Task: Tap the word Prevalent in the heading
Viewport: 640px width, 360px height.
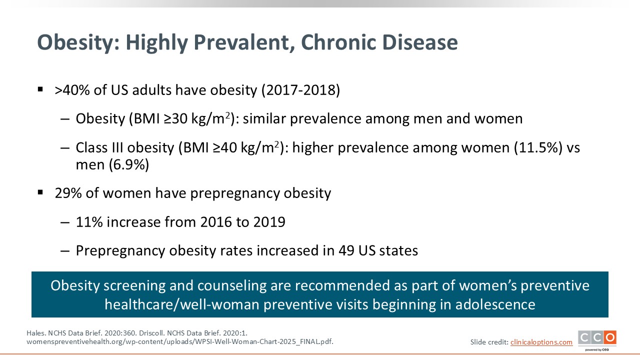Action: click(x=242, y=42)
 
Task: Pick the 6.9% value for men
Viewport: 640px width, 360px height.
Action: click(x=129, y=164)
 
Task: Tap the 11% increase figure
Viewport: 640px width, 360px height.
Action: click(x=89, y=222)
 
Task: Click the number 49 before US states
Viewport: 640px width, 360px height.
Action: click(x=346, y=250)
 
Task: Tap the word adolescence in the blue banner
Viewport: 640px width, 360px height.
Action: click(x=495, y=304)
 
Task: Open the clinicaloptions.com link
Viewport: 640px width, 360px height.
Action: click(x=541, y=342)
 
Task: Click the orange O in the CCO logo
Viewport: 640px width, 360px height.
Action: click(x=610, y=337)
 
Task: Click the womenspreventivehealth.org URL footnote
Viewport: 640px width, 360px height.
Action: click(x=180, y=341)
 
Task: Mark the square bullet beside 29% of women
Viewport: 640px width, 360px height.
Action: click(x=40, y=192)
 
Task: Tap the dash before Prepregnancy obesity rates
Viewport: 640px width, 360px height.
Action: click(x=65, y=251)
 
